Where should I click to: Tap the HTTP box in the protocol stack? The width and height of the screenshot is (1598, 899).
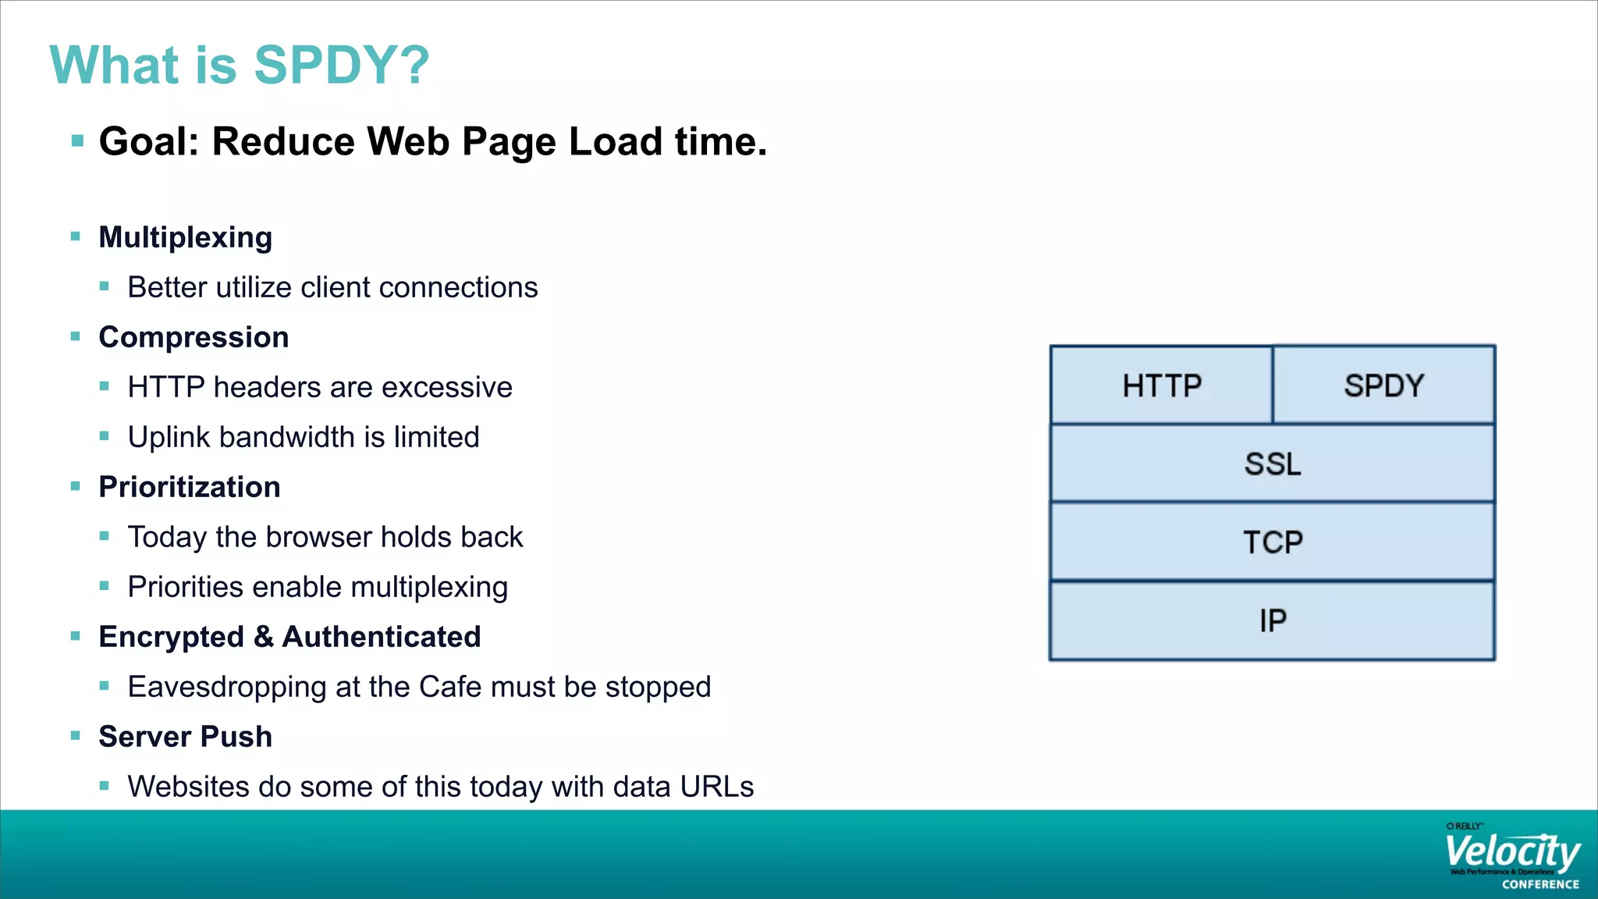pyautogui.click(x=1161, y=386)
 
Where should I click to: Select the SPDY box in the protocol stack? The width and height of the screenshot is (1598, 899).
pyautogui.click(x=1383, y=386)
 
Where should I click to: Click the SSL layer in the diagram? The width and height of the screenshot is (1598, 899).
pyautogui.click(x=1273, y=464)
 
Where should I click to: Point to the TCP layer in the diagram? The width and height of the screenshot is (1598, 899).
pyautogui.click(x=1273, y=542)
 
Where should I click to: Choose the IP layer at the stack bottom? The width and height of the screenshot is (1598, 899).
pyautogui.click(x=1273, y=620)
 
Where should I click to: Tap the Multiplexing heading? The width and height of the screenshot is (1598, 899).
pyautogui.click(x=185, y=237)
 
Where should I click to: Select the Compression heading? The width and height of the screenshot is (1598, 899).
pyautogui.click(x=194, y=337)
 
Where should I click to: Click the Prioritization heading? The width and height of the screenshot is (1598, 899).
pyautogui.click(x=189, y=487)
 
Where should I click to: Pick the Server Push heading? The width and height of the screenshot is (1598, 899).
pyautogui.click(x=185, y=737)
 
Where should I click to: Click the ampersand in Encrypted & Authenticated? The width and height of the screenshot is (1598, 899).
pyautogui.click(x=264, y=637)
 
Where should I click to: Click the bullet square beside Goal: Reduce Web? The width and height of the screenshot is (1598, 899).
pyautogui.click(x=77, y=141)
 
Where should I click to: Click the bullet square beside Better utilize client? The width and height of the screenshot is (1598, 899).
pyautogui.click(x=105, y=286)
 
